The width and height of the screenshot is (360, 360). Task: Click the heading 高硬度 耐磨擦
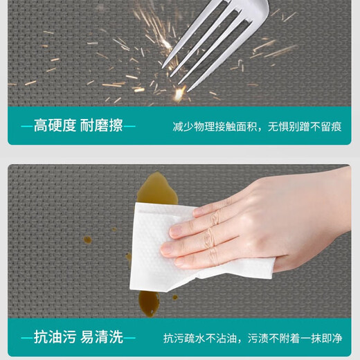click(x=78, y=126)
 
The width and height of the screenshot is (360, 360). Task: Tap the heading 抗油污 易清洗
click(x=78, y=337)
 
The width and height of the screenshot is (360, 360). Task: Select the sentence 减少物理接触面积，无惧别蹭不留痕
click(x=257, y=127)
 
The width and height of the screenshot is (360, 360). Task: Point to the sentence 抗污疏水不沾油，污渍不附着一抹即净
click(x=253, y=339)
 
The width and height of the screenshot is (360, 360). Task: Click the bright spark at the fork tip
click(x=179, y=93)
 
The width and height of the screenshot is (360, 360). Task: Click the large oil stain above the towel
click(x=158, y=188)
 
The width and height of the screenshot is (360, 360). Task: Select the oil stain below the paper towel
click(x=149, y=303)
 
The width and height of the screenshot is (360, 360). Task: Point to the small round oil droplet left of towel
click(x=87, y=240)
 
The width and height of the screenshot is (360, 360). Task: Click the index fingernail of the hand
click(x=199, y=212)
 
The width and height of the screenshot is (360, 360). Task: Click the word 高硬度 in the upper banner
click(x=55, y=126)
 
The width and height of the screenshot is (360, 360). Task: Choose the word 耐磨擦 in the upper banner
click(x=102, y=126)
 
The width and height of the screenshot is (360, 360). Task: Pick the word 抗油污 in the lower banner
click(x=55, y=337)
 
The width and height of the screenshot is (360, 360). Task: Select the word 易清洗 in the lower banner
click(x=102, y=337)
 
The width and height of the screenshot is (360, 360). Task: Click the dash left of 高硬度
click(x=27, y=126)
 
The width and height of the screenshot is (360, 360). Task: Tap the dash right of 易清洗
click(x=129, y=339)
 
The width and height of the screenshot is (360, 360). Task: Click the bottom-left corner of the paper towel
click(x=130, y=289)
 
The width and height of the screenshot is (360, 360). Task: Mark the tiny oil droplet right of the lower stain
click(x=175, y=298)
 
